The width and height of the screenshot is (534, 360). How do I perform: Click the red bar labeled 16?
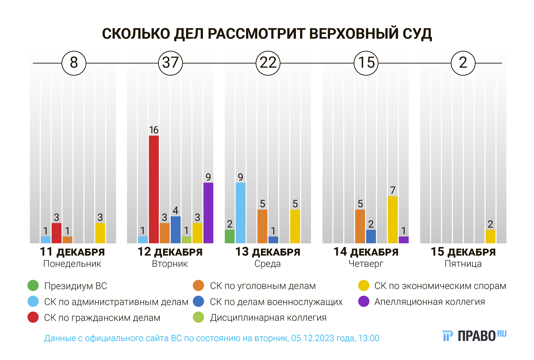point(154,189)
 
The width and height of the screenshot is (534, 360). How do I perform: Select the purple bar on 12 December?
point(208,213)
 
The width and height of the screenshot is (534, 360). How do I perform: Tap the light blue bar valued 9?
point(241,213)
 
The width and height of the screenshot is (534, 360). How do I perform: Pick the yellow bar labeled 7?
point(393,220)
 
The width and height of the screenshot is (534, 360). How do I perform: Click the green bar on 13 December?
point(230,236)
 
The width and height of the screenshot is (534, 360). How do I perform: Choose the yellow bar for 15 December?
point(490,236)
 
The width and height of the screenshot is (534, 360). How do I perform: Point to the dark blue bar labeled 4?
point(175,230)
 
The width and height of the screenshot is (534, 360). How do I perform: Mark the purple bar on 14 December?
point(404,240)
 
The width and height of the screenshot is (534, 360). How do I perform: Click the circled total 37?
point(171,63)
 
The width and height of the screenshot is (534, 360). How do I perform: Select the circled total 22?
point(268,63)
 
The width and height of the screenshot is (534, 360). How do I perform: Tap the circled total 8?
point(74,63)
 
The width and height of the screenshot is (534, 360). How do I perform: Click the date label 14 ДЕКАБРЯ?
point(366,252)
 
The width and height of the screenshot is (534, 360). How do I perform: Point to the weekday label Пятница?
point(463,264)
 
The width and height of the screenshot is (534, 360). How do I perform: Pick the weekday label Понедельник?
point(72,264)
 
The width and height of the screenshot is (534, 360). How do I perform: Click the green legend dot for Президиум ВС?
point(33,285)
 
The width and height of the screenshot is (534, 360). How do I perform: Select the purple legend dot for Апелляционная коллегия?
point(364,302)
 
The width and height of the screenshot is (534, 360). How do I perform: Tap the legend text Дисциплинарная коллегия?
point(268,318)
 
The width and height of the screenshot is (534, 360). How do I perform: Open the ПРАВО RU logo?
point(474,336)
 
